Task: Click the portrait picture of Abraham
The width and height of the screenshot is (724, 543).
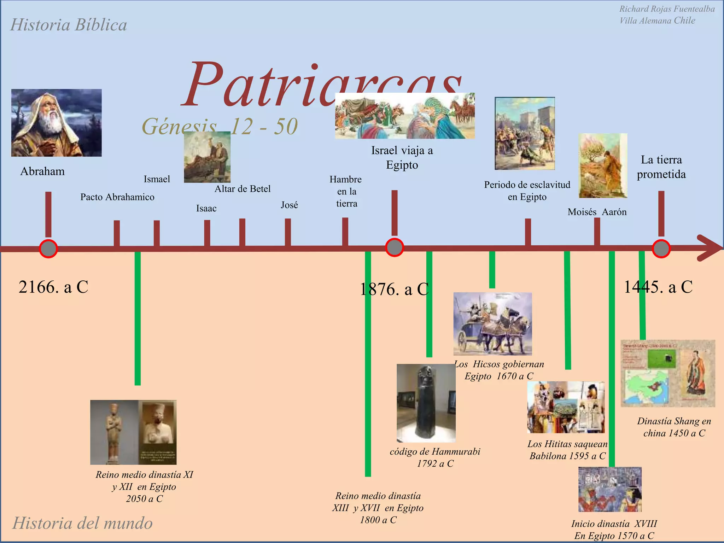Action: tap(57, 123)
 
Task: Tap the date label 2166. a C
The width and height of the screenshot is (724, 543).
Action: tap(53, 287)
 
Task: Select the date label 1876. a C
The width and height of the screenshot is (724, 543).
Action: tap(394, 289)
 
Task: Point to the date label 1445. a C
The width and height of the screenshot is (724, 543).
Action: tap(658, 287)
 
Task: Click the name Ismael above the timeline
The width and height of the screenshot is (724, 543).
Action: tap(157, 179)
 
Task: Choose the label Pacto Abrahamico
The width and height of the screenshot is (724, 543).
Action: tap(117, 197)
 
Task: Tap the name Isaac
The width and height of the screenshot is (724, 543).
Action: tap(206, 208)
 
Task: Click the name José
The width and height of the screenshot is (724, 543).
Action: tap(289, 205)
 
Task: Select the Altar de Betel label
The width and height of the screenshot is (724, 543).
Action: tap(243, 189)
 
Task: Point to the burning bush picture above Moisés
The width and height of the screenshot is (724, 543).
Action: tap(603, 165)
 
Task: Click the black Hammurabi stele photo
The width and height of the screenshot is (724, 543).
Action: tap(426, 403)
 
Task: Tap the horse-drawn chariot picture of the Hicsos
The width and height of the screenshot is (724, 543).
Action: tap(492, 323)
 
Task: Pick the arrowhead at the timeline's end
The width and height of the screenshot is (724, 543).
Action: tap(711, 248)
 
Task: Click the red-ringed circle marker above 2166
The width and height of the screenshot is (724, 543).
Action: tap(48, 249)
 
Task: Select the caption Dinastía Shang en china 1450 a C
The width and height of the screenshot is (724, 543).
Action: tap(674, 427)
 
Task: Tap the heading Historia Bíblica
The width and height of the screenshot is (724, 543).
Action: tap(69, 25)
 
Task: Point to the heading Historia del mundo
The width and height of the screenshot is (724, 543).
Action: tap(82, 523)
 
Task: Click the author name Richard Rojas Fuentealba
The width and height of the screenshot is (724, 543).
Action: tap(667, 9)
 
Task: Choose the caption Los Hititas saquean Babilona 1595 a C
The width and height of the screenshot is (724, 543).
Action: tap(567, 450)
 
